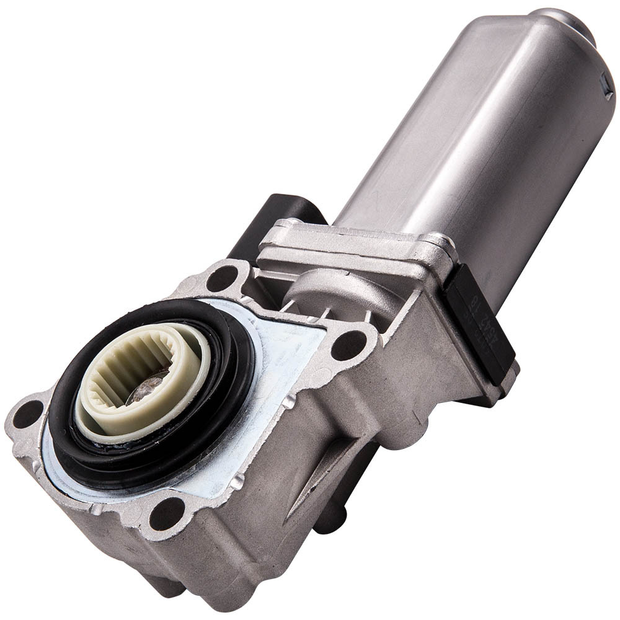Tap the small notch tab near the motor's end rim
(x=606, y=92)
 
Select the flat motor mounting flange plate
(x=353, y=245)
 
